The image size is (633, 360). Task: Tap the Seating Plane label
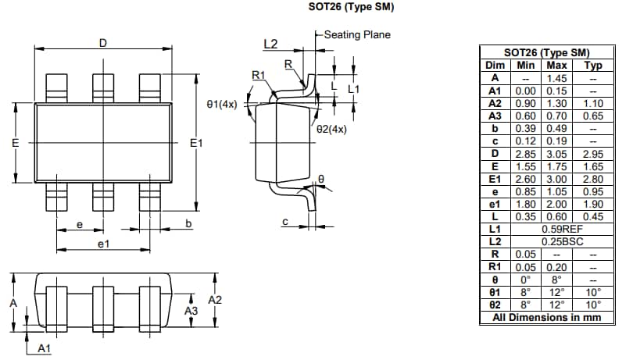click(356, 34)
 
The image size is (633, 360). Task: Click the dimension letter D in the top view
click(102, 43)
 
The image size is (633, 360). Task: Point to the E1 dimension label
click(196, 143)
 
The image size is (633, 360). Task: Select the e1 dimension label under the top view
click(103, 244)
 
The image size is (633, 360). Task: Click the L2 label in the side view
click(270, 44)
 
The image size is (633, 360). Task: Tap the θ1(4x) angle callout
click(222, 104)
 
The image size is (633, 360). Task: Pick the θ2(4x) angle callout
click(331, 129)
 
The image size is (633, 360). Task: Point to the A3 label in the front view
click(191, 311)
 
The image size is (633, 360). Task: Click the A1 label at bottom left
click(45, 348)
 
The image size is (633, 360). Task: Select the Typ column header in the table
click(593, 66)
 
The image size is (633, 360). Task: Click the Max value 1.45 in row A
click(556, 77)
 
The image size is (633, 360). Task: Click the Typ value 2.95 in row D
click(593, 153)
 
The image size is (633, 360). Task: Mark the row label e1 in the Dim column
click(494, 204)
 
